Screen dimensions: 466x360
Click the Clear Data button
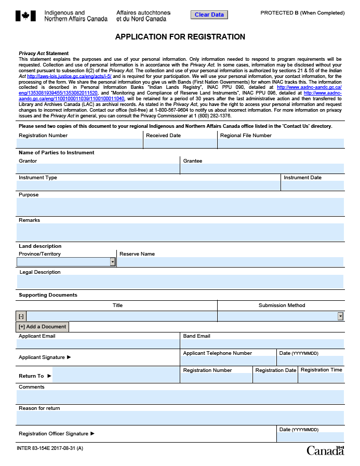tap(209, 15)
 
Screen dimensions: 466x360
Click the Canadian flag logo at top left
tap(25, 16)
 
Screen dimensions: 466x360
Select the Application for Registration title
tap(180, 37)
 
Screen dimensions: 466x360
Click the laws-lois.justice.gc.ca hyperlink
tap(69, 76)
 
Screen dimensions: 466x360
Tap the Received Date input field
tap(180, 143)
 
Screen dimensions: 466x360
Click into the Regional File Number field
tap(281, 143)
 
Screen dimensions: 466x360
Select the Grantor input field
tap(98, 169)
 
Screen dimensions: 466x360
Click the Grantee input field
tap(262, 169)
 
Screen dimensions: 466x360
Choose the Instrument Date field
tap(313, 185)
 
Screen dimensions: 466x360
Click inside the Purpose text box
tap(180, 206)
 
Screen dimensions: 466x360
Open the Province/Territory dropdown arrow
tap(113, 262)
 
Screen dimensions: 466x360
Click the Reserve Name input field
tap(231, 262)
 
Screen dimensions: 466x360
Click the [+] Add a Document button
tap(42, 327)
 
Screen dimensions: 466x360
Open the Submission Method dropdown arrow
tap(341, 316)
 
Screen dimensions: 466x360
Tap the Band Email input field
tap(262, 344)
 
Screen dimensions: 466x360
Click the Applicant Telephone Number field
tap(229, 361)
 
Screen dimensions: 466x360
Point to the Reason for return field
tap(180, 418)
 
